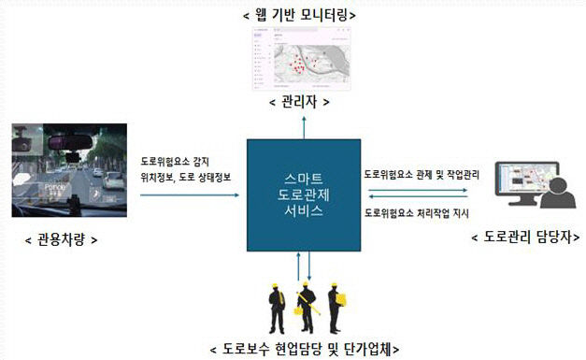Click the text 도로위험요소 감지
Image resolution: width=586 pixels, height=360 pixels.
[182, 161]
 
